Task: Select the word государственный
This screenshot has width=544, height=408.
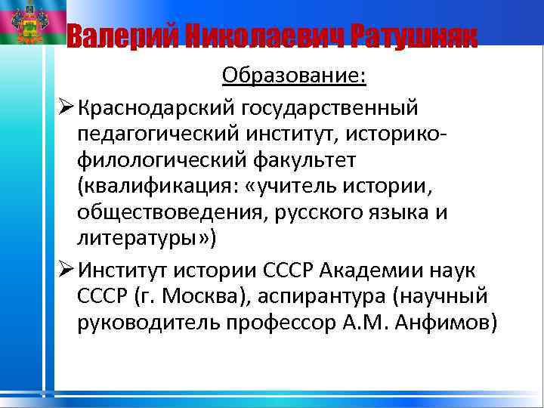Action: [x=329, y=108]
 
